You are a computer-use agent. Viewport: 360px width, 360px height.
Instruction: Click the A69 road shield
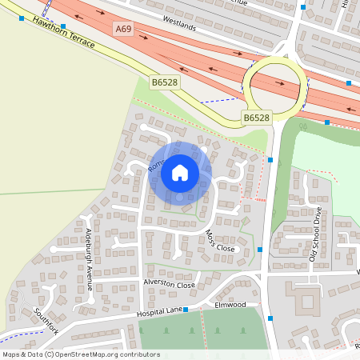tap(122, 29)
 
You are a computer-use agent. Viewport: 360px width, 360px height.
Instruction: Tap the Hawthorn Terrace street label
tap(64, 33)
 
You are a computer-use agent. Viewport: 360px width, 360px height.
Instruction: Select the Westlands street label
tap(178, 26)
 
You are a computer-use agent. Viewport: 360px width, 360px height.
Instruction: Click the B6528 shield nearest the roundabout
tap(256, 118)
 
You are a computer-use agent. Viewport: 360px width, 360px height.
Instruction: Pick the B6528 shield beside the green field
tap(164, 82)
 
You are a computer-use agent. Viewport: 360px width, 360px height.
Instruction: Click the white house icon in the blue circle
tap(180, 172)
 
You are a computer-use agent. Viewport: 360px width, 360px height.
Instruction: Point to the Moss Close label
tap(220, 242)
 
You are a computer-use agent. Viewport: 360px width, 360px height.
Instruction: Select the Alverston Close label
tap(169, 284)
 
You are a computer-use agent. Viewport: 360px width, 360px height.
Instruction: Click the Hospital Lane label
tap(159, 311)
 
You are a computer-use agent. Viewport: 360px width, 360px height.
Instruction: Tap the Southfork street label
tap(47, 320)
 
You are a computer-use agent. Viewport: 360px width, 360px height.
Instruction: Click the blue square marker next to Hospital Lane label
tap(186, 309)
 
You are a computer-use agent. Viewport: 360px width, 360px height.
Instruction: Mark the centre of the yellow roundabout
tap(274, 82)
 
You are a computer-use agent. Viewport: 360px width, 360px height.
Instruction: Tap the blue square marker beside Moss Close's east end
tap(260, 250)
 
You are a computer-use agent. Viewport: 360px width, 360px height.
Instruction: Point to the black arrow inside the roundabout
tap(280, 82)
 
